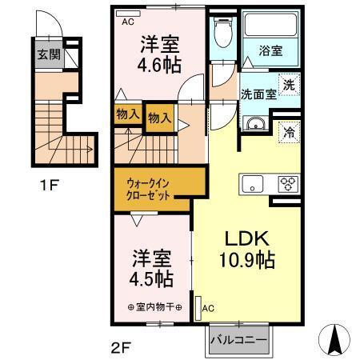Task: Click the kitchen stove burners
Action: (x=286, y=183)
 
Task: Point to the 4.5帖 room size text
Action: (x=152, y=281)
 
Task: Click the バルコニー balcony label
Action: (x=239, y=338)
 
